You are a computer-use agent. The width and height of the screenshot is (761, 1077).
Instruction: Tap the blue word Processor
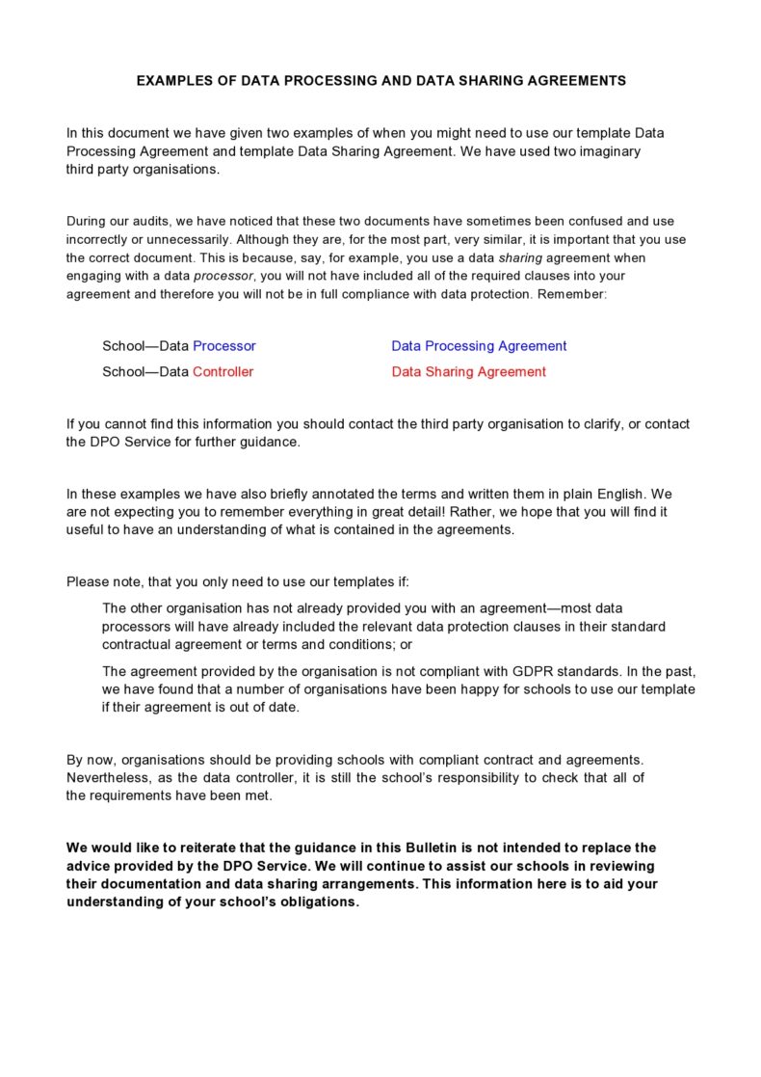(224, 346)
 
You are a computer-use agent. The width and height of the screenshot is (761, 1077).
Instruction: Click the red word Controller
(223, 372)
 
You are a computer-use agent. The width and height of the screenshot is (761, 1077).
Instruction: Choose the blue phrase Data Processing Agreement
(479, 346)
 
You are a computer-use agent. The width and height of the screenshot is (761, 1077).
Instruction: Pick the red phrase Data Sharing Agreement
(468, 372)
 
